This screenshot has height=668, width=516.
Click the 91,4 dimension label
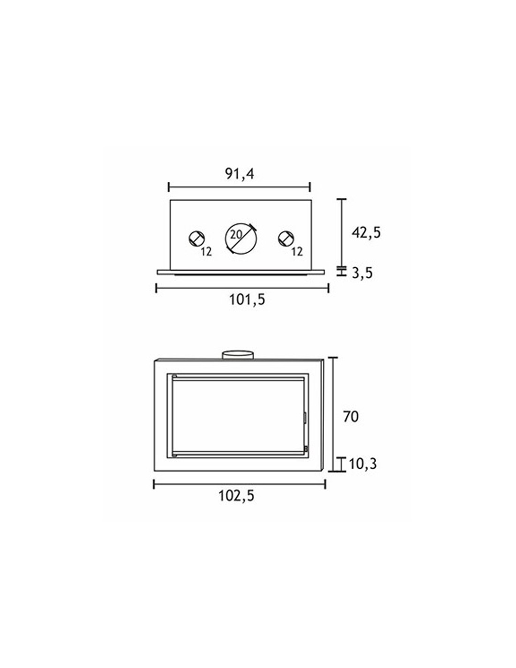[240, 174]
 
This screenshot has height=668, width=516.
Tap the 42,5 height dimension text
[366, 233]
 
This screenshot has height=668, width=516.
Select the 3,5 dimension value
[362, 272]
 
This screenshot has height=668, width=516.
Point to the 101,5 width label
[247, 300]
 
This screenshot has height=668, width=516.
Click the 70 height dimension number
[351, 417]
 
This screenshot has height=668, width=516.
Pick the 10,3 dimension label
[363, 464]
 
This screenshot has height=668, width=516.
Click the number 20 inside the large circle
[237, 235]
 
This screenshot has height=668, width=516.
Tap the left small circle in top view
[197, 238]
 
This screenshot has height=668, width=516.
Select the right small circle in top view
[286, 238]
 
